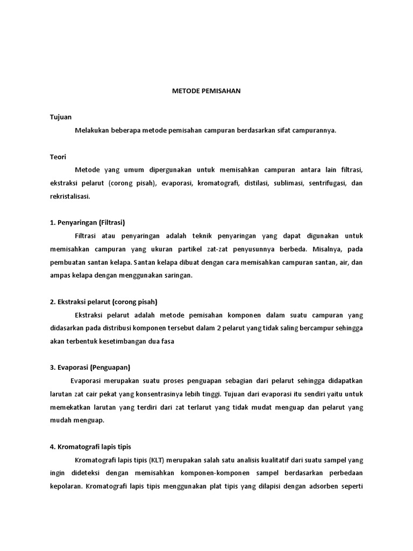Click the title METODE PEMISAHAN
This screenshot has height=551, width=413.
(206, 91)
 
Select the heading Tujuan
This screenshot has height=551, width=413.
(61, 117)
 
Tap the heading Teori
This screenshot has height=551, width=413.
(58, 157)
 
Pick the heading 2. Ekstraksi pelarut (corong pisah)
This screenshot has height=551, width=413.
(103, 302)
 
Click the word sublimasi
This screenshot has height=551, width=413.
(288, 183)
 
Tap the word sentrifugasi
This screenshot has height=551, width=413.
(327, 183)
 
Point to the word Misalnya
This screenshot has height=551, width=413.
(327, 249)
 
